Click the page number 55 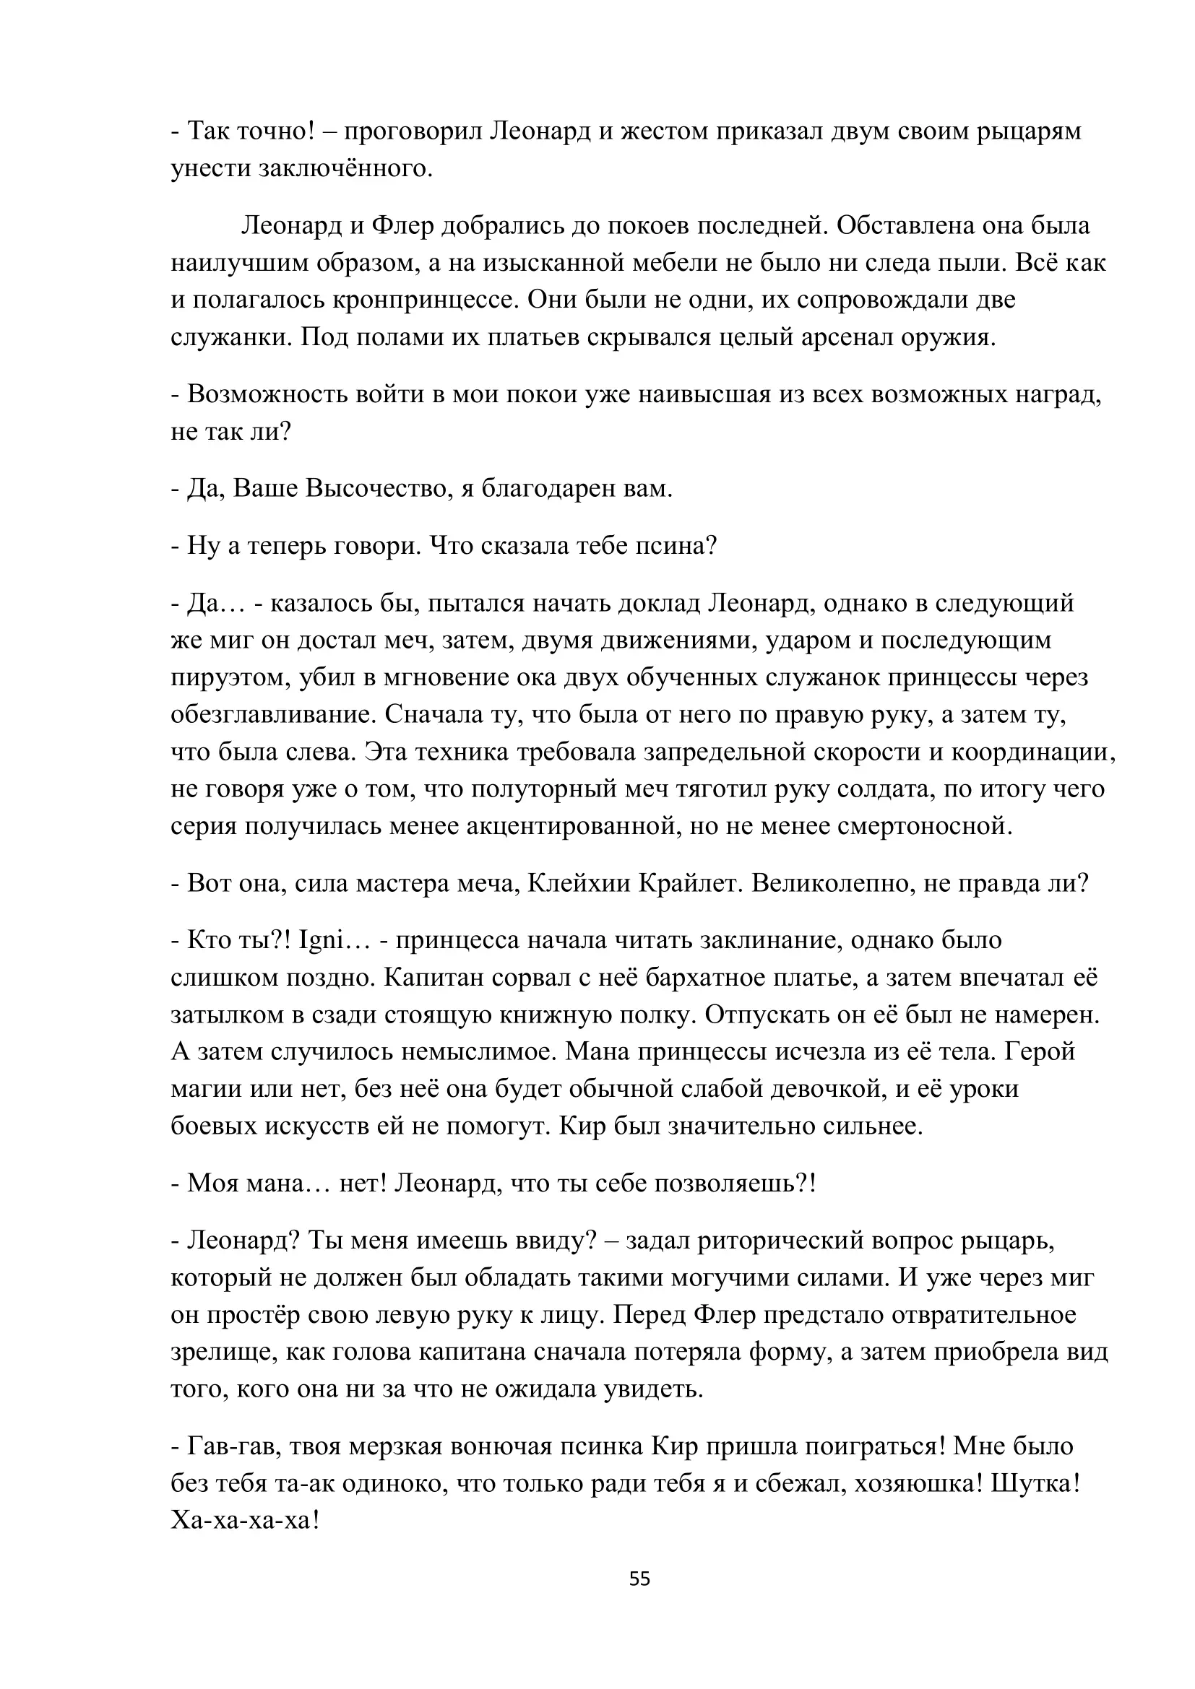pyautogui.click(x=639, y=1579)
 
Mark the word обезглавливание pyautogui.click(x=272, y=714)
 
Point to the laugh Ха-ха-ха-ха pyautogui.click(x=245, y=1521)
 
